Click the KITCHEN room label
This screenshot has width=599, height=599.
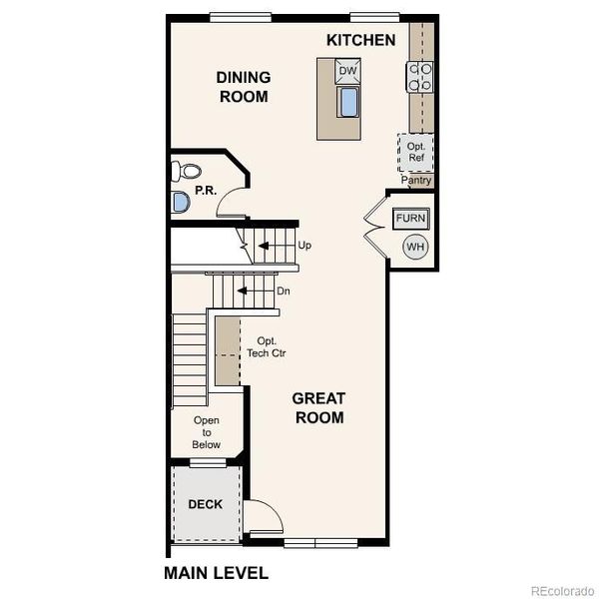click(x=360, y=40)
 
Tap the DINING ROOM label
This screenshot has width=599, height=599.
click(x=243, y=87)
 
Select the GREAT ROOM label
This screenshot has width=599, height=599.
click(x=318, y=407)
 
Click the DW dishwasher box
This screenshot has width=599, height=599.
click(x=347, y=71)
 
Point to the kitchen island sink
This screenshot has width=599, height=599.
click(x=348, y=102)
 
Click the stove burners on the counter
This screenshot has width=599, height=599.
click(x=419, y=76)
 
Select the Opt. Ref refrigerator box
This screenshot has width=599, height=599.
click(x=415, y=152)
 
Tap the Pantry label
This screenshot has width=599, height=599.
click(x=416, y=181)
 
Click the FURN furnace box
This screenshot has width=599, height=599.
click(x=410, y=218)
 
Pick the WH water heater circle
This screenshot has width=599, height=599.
click(x=414, y=247)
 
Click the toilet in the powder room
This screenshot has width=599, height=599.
click(x=185, y=171)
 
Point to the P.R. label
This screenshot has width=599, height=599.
click(x=207, y=190)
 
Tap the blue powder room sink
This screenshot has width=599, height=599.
click(x=180, y=203)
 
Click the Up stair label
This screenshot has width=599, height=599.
click(x=304, y=244)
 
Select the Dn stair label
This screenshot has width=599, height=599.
click(x=284, y=292)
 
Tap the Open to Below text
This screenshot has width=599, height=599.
click(x=207, y=432)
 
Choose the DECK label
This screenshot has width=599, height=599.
click(x=206, y=504)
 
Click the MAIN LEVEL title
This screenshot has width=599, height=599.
click(x=216, y=573)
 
